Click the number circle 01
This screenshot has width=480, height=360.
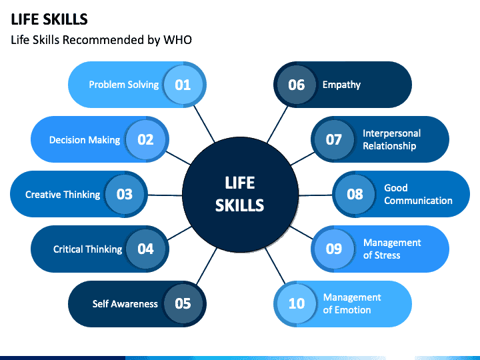[183, 85]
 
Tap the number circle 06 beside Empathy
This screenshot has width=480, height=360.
[296, 85]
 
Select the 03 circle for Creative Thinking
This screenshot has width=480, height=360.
[125, 194]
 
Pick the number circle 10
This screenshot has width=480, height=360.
[296, 303]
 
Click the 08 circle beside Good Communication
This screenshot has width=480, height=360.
[355, 194]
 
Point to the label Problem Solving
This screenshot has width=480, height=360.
[124, 85]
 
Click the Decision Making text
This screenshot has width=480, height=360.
[85, 140]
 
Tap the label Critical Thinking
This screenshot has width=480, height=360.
[87, 249]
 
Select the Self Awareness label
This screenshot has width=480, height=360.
[125, 304]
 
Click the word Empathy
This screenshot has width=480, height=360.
[341, 85]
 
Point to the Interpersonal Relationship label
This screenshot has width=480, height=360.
[391, 139]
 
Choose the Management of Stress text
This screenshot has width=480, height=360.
[392, 249]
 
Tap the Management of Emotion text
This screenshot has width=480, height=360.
[352, 303]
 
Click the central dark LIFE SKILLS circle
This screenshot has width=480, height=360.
[240, 195]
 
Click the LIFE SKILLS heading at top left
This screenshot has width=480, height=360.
[49, 19]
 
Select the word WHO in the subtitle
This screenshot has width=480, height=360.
[177, 40]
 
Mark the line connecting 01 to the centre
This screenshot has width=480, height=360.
[204, 124]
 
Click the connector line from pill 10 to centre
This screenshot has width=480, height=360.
[275, 266]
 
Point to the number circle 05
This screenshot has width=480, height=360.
[183, 303]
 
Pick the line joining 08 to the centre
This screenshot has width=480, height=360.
[315, 195]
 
